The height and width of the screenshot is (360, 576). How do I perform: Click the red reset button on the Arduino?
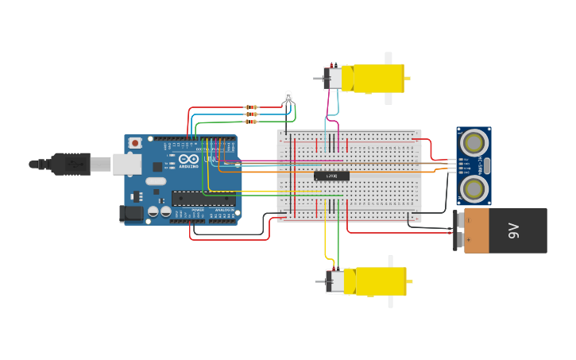[135, 143]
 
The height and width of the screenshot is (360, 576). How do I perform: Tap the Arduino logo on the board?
[189, 157]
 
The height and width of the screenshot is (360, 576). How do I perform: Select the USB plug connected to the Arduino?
[72, 164]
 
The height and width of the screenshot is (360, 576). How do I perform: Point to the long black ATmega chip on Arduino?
[203, 198]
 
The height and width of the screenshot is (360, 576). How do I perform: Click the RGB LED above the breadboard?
[288, 98]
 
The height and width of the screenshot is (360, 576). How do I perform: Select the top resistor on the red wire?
[251, 107]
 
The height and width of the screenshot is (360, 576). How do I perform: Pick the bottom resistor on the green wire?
[251, 122]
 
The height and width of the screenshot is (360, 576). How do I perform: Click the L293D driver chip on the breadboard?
[331, 176]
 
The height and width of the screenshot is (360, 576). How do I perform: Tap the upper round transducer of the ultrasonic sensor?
[474, 143]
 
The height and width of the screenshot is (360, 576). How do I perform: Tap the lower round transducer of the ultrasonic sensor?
[474, 188]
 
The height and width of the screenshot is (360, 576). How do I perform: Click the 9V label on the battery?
[514, 230]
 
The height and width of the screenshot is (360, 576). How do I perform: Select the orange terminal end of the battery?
[476, 230]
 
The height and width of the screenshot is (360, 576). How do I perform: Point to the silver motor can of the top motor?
[334, 78]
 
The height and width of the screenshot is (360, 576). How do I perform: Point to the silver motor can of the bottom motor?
[336, 281]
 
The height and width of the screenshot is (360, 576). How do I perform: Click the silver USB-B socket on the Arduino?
[126, 164]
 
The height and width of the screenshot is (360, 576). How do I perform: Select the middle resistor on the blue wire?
[251, 114]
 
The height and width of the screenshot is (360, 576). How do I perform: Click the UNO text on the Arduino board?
[211, 159]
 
